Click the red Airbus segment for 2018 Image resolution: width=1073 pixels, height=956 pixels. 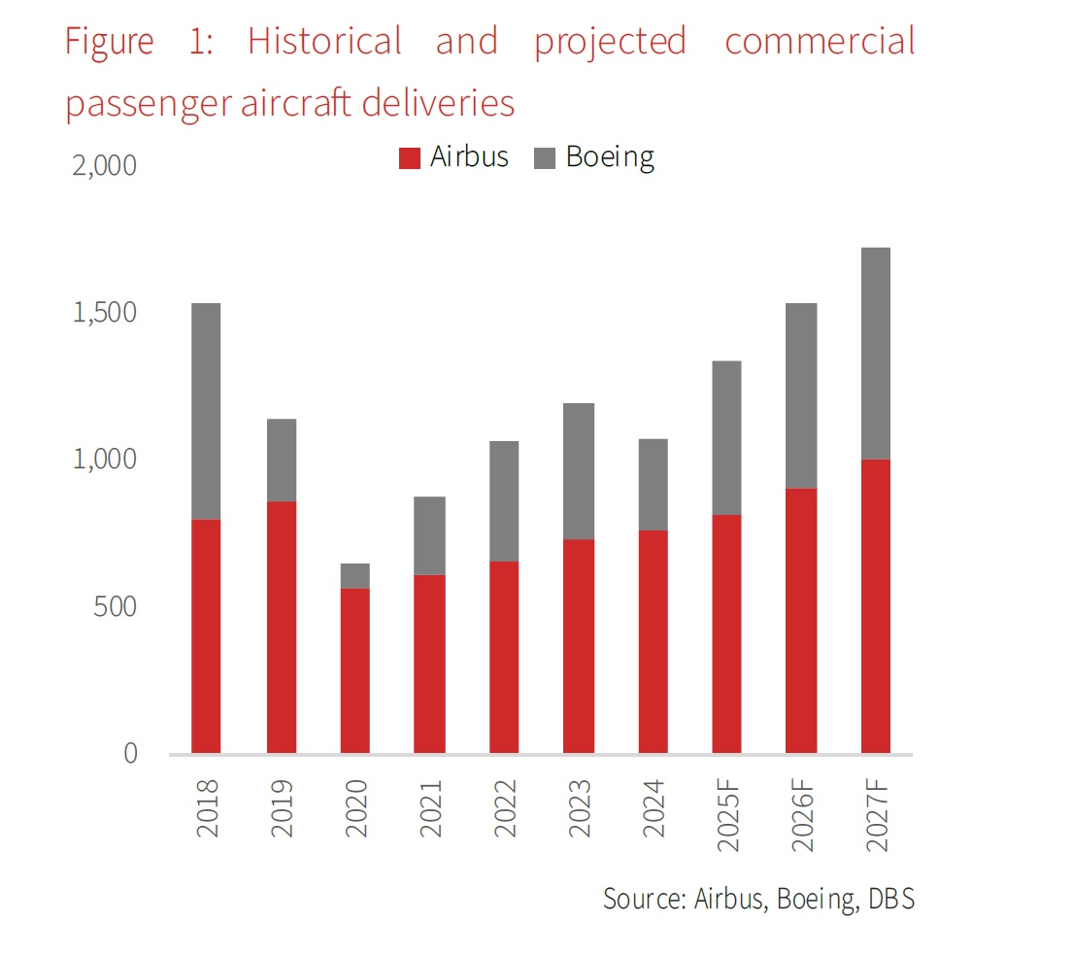pos(206,636)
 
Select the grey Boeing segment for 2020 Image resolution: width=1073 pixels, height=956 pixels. pos(354,576)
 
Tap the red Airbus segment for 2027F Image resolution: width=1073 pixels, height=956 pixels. pos(875,605)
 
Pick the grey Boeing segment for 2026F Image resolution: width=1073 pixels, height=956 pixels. pos(801,395)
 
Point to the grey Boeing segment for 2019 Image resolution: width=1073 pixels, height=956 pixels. pos(281,460)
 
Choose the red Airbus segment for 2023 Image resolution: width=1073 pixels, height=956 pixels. pos(579,646)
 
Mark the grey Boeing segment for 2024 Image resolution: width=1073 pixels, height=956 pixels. pos(653,484)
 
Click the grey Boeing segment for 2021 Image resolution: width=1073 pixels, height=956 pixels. pos(429,535)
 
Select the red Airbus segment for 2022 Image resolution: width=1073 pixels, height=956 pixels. pos(504,657)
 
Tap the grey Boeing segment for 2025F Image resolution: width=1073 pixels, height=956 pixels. pos(726,437)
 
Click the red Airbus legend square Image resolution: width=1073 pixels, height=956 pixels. pos(410,157)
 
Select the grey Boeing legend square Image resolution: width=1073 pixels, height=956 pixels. pos(545,157)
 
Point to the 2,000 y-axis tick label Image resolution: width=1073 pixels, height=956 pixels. pos(105,166)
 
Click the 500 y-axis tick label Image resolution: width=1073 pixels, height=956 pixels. pos(117,607)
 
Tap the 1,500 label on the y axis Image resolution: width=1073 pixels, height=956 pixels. pos(105,314)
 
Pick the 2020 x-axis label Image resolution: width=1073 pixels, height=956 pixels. pos(355,808)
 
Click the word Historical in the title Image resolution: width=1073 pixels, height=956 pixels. pos(324,42)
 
